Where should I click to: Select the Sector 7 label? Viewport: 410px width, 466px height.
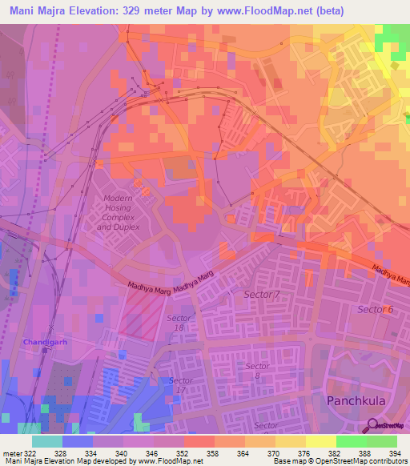click(x=262, y=295)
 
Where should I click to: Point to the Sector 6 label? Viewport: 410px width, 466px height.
click(x=376, y=309)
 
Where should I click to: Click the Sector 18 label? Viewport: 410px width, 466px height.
click(x=179, y=323)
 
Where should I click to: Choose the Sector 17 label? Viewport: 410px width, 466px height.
click(x=180, y=384)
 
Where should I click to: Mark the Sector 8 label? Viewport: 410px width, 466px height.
click(x=258, y=370)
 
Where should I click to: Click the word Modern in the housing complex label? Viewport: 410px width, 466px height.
click(x=119, y=198)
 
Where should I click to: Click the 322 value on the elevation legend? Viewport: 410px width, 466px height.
click(x=29, y=453)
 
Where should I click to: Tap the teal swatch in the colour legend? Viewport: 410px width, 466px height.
click(x=47, y=441)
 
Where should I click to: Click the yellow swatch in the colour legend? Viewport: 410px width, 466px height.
click(x=320, y=441)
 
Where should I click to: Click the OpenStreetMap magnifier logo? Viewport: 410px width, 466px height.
click(x=374, y=424)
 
